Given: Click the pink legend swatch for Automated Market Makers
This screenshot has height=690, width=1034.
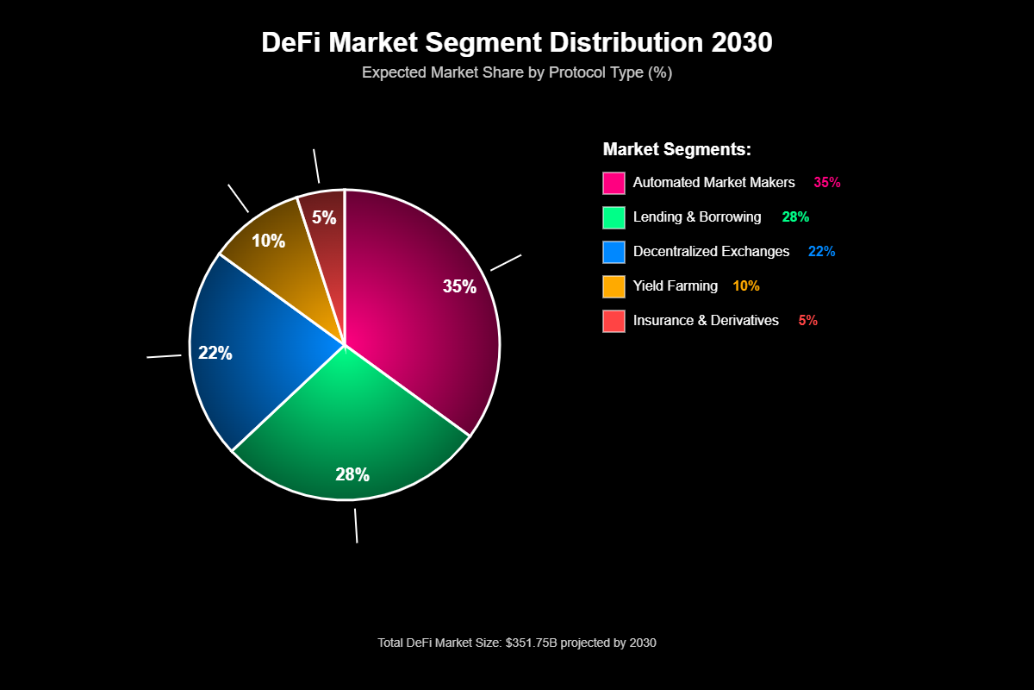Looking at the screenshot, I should pos(614,183).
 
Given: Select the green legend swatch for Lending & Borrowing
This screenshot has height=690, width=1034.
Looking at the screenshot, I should pos(614,217).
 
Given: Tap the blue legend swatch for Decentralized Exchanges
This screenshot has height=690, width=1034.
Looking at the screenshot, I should pos(614,252).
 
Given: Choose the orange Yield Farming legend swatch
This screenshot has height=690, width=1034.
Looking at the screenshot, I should pos(614,286).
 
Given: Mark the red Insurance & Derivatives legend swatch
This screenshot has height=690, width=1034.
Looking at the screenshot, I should pos(614,321).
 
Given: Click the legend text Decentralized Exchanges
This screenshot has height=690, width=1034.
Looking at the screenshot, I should pos(711,252).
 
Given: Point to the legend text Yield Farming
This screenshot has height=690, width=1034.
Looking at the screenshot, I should pos(675,286).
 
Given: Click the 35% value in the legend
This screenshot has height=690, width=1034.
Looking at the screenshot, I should pos(826,183).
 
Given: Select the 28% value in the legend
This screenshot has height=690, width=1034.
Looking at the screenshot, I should pos(795,217).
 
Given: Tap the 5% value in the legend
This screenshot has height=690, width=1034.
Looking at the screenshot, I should pos(807,321).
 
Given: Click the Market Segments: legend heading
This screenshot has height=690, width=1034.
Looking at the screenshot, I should pos(677,149).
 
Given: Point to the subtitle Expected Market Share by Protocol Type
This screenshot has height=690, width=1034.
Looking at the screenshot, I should pos(517,72).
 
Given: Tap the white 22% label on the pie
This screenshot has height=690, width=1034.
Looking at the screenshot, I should pos(215,353).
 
